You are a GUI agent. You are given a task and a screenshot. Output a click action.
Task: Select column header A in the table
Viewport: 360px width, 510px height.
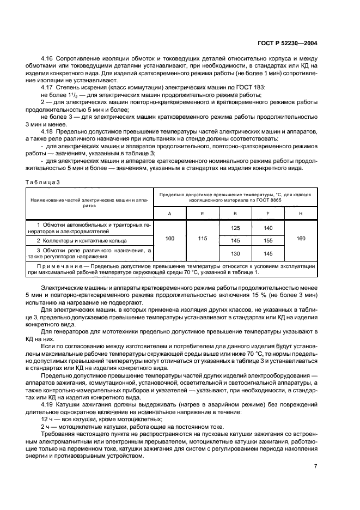(x=170, y=214)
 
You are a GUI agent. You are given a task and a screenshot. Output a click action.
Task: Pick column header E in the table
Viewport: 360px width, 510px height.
(x=203, y=214)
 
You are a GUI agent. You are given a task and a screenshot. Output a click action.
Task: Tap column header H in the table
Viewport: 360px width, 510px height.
(x=301, y=214)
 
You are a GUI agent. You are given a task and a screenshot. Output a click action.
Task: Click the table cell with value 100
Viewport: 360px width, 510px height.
(x=170, y=239)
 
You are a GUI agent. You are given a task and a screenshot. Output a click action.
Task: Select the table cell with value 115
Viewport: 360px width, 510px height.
(x=203, y=239)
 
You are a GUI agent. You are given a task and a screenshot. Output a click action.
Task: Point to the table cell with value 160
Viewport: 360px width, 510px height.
(x=301, y=239)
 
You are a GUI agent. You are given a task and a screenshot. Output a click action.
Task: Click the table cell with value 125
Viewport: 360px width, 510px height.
(x=235, y=228)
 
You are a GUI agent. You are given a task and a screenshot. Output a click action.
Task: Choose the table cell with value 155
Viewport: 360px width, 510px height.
(x=268, y=240)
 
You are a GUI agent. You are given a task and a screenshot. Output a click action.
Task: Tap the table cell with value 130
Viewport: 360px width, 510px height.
(x=235, y=253)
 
